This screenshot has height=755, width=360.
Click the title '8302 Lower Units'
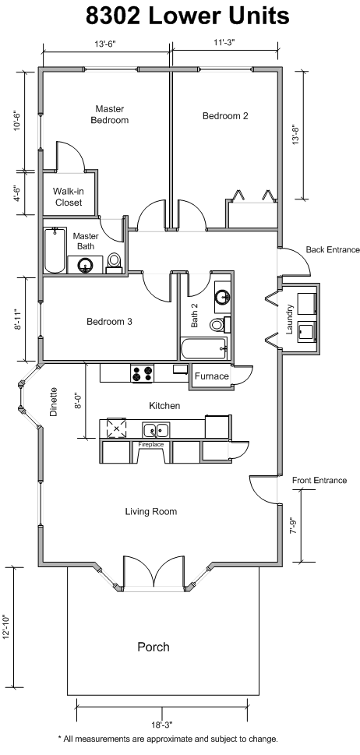click(x=188, y=16)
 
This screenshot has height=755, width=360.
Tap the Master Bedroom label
click(x=110, y=115)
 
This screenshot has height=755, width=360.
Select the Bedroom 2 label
click(x=225, y=116)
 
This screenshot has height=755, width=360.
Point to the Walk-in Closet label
click(x=68, y=197)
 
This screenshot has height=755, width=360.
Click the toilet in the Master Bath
click(x=115, y=263)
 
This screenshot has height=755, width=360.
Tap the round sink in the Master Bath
click(x=86, y=265)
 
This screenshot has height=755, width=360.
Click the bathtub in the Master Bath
click(x=54, y=250)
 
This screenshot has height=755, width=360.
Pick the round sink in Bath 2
click(x=222, y=297)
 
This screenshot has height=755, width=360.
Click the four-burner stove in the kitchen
click(x=142, y=374)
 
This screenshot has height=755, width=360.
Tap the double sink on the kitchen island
click(x=156, y=429)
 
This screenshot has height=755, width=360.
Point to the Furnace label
click(x=212, y=376)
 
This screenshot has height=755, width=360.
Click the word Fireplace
click(x=151, y=444)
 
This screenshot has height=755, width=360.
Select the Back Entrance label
click(x=333, y=250)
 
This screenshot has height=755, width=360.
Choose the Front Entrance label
click(x=319, y=480)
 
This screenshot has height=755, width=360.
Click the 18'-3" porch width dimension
click(x=162, y=724)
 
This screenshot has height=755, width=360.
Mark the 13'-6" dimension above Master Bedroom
click(x=105, y=44)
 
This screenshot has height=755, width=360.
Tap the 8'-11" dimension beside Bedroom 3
click(x=18, y=319)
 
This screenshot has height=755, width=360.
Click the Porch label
click(x=154, y=646)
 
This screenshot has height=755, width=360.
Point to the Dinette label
click(x=54, y=401)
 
